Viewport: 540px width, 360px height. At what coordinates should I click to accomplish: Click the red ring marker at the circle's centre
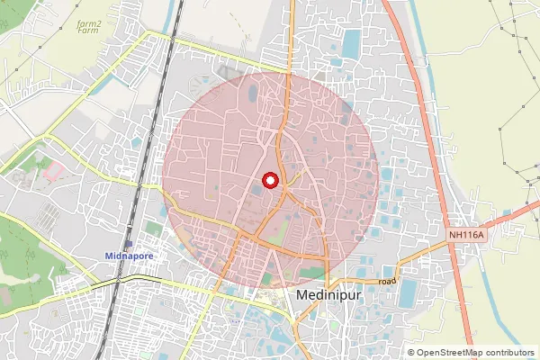[268, 180]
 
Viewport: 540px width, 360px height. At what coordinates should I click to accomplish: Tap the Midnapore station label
[130, 256]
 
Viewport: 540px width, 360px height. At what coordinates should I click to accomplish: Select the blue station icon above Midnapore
[130, 244]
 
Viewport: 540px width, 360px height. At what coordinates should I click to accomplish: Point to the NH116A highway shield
[466, 235]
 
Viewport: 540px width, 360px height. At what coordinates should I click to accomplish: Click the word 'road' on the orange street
[387, 282]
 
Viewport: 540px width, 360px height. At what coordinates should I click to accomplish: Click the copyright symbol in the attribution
[410, 353]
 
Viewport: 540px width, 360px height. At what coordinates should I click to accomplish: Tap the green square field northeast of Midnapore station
[154, 229]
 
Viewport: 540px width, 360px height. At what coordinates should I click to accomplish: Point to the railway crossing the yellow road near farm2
[168, 39]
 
